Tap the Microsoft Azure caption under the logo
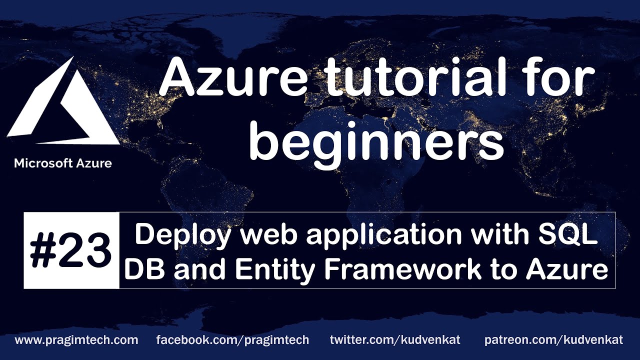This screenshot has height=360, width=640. pyautogui.click(x=63, y=163)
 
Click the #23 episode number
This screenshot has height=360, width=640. pyautogui.click(x=71, y=250)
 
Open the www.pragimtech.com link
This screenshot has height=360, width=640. pyautogui.click(x=76, y=340)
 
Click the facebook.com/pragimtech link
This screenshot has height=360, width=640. pyautogui.click(x=232, y=340)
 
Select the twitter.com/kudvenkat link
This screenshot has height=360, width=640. pyautogui.click(x=395, y=340)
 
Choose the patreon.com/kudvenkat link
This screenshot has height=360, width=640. pyautogui.click(x=553, y=340)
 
